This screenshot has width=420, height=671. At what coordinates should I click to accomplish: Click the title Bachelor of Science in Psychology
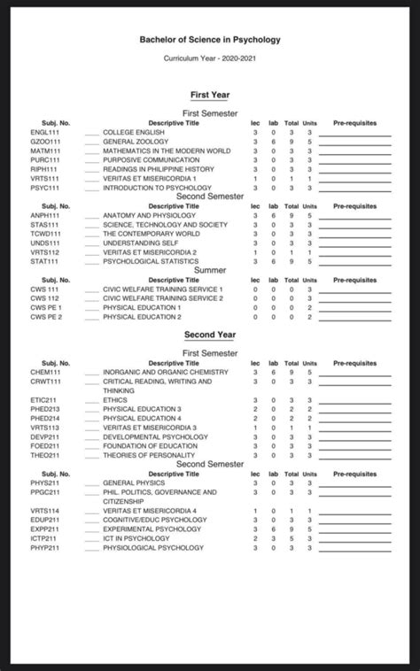coord(209,40)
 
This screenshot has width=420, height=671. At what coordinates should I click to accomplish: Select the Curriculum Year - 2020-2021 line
coord(209,58)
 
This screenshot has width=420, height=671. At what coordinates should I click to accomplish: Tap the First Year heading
coord(209,94)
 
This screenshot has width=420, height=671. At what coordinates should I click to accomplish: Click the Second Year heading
coord(209,335)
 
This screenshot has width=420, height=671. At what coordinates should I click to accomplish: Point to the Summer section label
coord(209,269)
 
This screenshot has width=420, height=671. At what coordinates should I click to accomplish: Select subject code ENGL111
coord(44,132)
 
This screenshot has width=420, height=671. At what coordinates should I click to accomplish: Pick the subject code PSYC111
coord(44,188)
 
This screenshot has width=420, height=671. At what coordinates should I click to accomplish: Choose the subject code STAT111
coord(44,261)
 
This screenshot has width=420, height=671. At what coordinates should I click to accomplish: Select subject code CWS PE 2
coord(46,317)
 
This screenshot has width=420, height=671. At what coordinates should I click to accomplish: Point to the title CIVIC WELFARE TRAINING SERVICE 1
coord(163,289)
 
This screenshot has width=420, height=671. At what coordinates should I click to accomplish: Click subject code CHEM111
coord(44,373)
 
